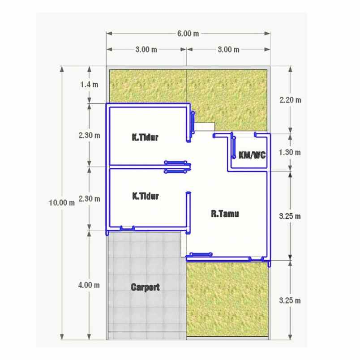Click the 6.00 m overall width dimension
(188, 34)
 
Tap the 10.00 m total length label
(62, 203)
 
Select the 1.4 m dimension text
(89, 85)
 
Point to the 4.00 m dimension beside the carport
(89, 285)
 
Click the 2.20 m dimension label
(290, 100)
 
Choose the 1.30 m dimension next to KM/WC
(290, 152)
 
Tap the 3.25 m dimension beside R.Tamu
(290, 216)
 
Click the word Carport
(146, 287)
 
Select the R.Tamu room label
(225, 214)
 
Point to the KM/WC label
(252, 155)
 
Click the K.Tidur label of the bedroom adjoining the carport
(146, 196)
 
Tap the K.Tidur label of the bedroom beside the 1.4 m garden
(145, 137)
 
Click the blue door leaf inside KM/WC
(234, 147)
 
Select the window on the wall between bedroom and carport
(127, 228)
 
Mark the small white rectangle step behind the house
(205, 127)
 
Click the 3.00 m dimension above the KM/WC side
(228, 50)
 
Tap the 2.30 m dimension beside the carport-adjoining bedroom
(89, 199)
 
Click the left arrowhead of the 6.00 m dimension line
(109, 34)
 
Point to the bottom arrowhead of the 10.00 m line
(62, 337)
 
